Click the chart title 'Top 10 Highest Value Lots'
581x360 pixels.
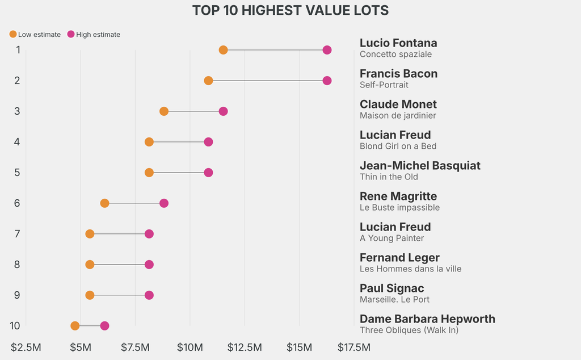(290, 10)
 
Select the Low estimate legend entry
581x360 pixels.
(35, 35)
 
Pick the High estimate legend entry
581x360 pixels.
(94, 35)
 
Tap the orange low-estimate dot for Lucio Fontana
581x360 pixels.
(223, 50)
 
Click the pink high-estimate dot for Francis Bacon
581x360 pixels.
(327, 81)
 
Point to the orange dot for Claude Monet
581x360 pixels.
(164, 111)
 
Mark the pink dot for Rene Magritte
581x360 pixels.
(164, 203)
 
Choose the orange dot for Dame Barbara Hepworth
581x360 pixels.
(75, 326)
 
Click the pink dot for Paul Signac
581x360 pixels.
(149, 295)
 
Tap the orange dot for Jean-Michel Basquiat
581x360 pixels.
(149, 173)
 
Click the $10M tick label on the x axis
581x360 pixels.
(190, 347)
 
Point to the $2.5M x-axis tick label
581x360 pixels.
(26, 347)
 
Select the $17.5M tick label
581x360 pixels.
(354, 347)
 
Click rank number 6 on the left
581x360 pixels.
(18, 203)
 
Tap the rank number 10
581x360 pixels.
(15, 326)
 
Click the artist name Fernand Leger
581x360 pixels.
(399, 258)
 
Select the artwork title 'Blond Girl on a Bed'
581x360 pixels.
(398, 146)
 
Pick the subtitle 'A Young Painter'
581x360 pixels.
(391, 238)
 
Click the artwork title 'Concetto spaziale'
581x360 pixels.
(395, 55)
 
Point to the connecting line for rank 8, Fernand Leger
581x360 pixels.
(119, 265)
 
